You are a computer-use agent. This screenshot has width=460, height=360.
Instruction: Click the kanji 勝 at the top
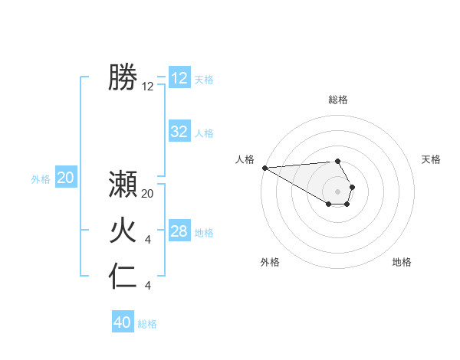[123, 78]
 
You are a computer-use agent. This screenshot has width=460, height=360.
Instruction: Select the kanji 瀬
[123, 185]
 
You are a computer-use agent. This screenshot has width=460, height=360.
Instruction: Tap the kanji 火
[123, 231]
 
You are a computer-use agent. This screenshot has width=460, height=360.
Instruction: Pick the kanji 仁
[123, 277]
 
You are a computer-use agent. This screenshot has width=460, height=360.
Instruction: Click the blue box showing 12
[179, 78]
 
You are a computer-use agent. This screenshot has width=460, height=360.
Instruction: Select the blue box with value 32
[179, 132]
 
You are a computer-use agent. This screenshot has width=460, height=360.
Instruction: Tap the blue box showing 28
[179, 231]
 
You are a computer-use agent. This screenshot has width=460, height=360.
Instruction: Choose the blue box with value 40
[123, 322]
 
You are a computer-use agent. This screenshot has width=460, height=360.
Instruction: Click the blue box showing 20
[66, 178]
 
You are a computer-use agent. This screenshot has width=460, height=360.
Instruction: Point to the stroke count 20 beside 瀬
[148, 195]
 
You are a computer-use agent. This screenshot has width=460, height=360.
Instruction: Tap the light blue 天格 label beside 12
[204, 80]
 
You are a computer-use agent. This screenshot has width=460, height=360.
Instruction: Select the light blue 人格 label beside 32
[204, 133]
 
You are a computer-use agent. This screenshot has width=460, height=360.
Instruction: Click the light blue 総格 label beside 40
[147, 324]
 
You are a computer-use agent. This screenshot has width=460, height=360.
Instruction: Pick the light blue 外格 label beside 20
[41, 179]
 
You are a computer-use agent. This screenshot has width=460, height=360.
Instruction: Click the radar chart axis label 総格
[338, 100]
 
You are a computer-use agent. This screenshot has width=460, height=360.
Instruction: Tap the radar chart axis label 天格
[431, 159]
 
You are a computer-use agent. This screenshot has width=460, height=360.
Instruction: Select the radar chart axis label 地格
[402, 262]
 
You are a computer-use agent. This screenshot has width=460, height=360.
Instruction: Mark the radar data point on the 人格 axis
[264, 168]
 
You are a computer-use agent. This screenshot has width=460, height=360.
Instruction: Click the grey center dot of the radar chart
[338, 190]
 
